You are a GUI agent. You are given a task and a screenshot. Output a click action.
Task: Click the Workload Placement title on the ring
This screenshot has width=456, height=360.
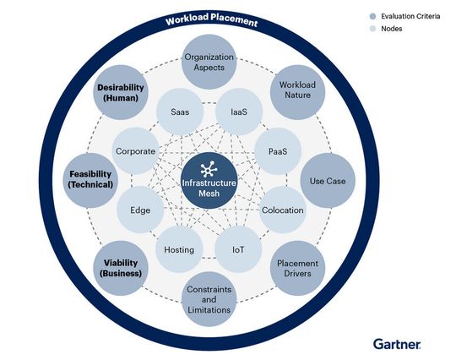[212, 21]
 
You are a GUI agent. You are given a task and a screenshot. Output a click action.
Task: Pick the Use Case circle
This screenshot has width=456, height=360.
[328, 180]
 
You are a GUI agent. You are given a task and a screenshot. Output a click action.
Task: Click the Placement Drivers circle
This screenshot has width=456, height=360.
[296, 270]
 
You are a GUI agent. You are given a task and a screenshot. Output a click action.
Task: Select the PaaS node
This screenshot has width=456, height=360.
[278, 150]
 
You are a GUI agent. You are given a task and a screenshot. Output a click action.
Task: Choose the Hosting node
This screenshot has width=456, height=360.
[179, 249]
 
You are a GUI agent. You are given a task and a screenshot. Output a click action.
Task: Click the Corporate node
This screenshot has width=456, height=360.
[136, 150]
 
